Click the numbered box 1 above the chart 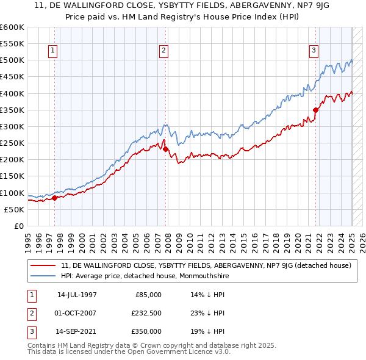click(x=54, y=51)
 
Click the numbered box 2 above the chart click(x=164, y=51)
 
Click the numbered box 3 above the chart click(x=314, y=51)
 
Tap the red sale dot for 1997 click(x=54, y=198)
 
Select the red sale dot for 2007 click(x=165, y=149)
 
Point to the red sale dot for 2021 click(x=316, y=110)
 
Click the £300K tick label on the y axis click(x=12, y=126)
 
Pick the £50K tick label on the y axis click(x=14, y=209)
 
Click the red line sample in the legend click(x=44, y=265)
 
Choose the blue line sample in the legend click(x=44, y=276)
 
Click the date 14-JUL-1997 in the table click(x=77, y=295)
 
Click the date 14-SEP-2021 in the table click(x=77, y=331)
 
